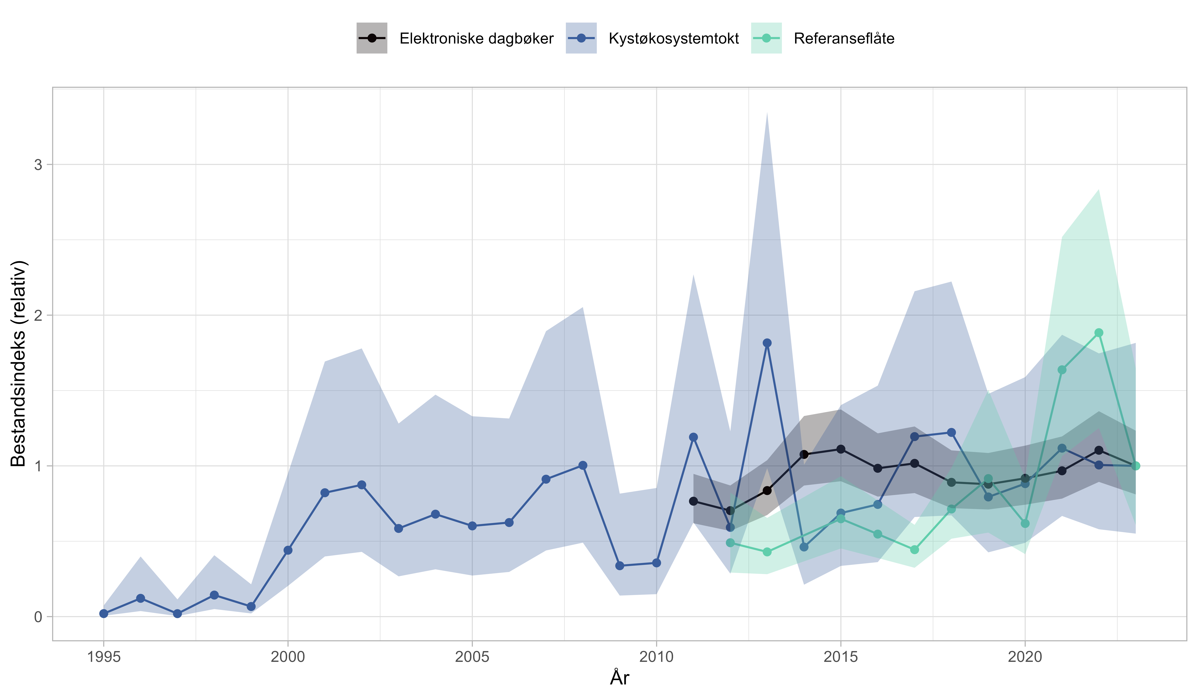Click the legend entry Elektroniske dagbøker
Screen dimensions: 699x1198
[476, 39]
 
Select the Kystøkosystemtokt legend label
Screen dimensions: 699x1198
[674, 39]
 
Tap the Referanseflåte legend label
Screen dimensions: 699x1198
[844, 39]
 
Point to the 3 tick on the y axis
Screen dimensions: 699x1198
[38, 165]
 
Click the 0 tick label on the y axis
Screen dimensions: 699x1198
[38, 617]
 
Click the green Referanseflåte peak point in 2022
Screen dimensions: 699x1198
[1099, 333]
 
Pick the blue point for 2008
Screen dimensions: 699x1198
[583, 466]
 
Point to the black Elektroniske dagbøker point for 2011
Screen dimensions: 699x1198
[694, 501]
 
